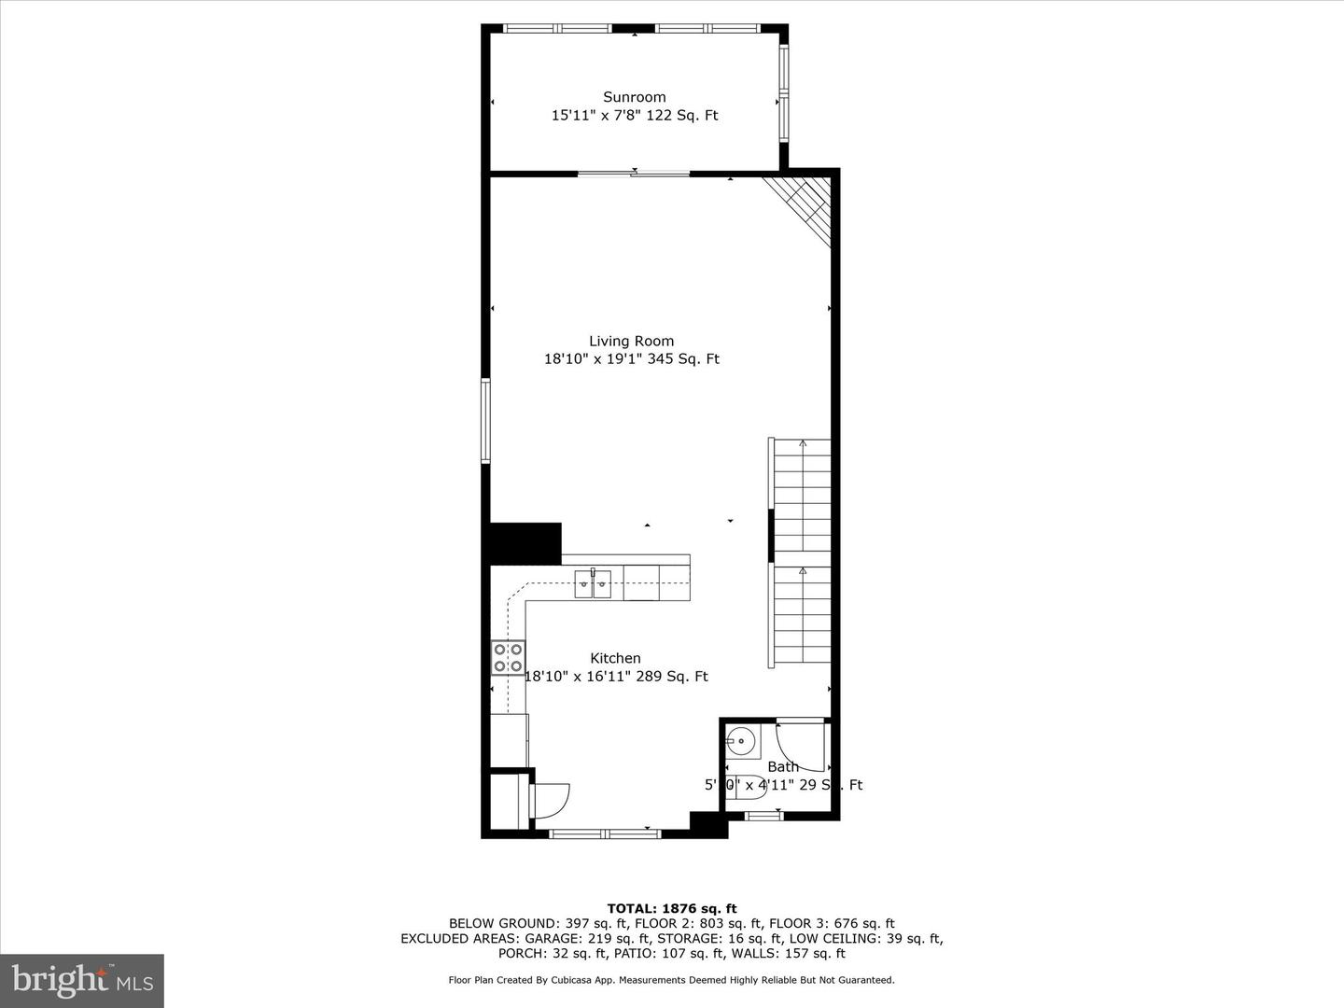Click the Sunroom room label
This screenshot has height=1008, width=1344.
pos(634,97)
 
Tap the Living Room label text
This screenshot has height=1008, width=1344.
pos(631,342)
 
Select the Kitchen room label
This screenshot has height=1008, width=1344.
pos(615,659)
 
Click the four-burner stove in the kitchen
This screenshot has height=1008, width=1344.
pos(508,658)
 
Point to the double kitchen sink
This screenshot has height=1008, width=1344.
pos(593,585)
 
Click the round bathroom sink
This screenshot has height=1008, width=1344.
pos(741,742)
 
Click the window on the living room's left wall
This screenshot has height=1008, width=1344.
pos(485,420)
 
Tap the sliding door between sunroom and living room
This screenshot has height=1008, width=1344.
pos(634,173)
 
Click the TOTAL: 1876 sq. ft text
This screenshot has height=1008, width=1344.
pos(671,908)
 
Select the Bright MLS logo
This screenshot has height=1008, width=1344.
pos(82,980)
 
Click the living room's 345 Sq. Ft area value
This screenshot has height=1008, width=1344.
pos(690,359)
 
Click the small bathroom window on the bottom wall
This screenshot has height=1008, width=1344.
pos(764,817)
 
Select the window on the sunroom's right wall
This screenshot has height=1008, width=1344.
pos(784,93)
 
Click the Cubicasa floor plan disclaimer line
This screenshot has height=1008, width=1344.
pos(671,980)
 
